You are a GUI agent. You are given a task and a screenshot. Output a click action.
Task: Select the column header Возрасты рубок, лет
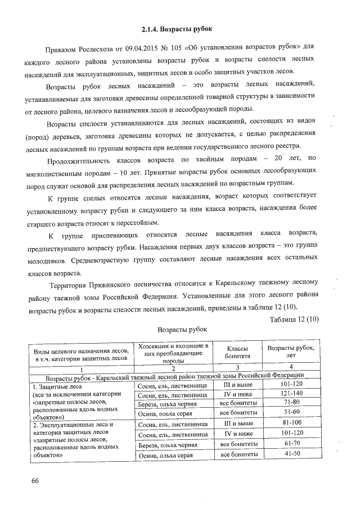[x=290, y=352]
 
